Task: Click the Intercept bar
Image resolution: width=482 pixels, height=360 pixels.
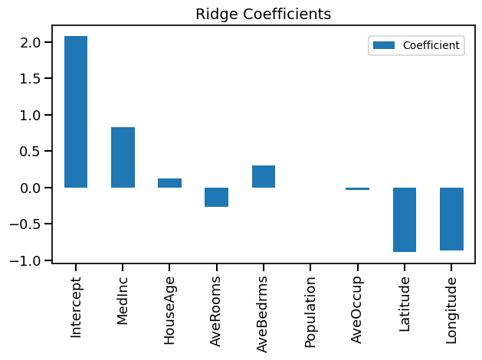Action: point(76,112)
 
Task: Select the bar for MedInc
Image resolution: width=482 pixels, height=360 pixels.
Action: point(123,157)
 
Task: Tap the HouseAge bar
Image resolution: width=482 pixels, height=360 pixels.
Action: point(169,183)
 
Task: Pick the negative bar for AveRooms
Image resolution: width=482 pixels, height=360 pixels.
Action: point(216,197)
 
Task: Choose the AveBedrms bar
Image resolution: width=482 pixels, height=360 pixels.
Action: point(264,176)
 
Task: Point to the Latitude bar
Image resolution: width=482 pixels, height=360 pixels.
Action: point(405,219)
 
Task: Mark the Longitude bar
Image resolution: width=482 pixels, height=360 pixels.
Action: point(451,218)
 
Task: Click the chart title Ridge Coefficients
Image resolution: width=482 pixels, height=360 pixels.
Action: point(264,14)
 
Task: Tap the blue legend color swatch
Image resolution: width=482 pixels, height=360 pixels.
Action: point(383,46)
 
